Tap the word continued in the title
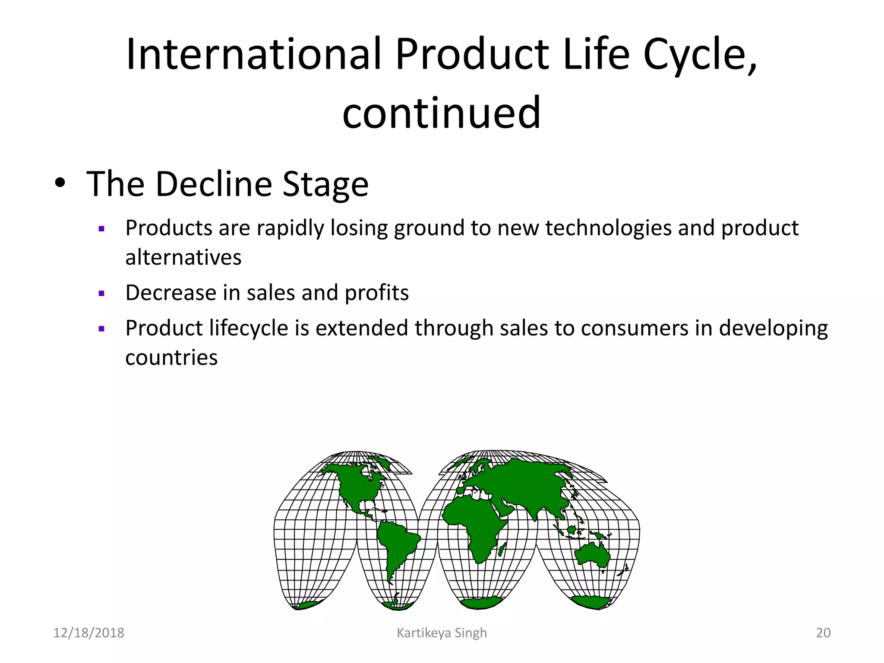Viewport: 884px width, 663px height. (441, 113)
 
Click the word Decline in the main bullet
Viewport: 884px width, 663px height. (214, 184)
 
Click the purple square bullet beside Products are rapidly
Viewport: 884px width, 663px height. (102, 229)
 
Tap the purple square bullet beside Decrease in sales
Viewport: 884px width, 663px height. (102, 294)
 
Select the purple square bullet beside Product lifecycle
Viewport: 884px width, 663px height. (102, 329)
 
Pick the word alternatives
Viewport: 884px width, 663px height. (183, 258)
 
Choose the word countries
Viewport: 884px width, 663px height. (171, 358)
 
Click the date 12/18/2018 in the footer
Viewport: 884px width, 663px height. (88, 633)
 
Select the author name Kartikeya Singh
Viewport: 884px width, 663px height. (442, 633)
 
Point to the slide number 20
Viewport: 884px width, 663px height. (823, 633)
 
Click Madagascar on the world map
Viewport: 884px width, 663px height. (502, 549)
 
